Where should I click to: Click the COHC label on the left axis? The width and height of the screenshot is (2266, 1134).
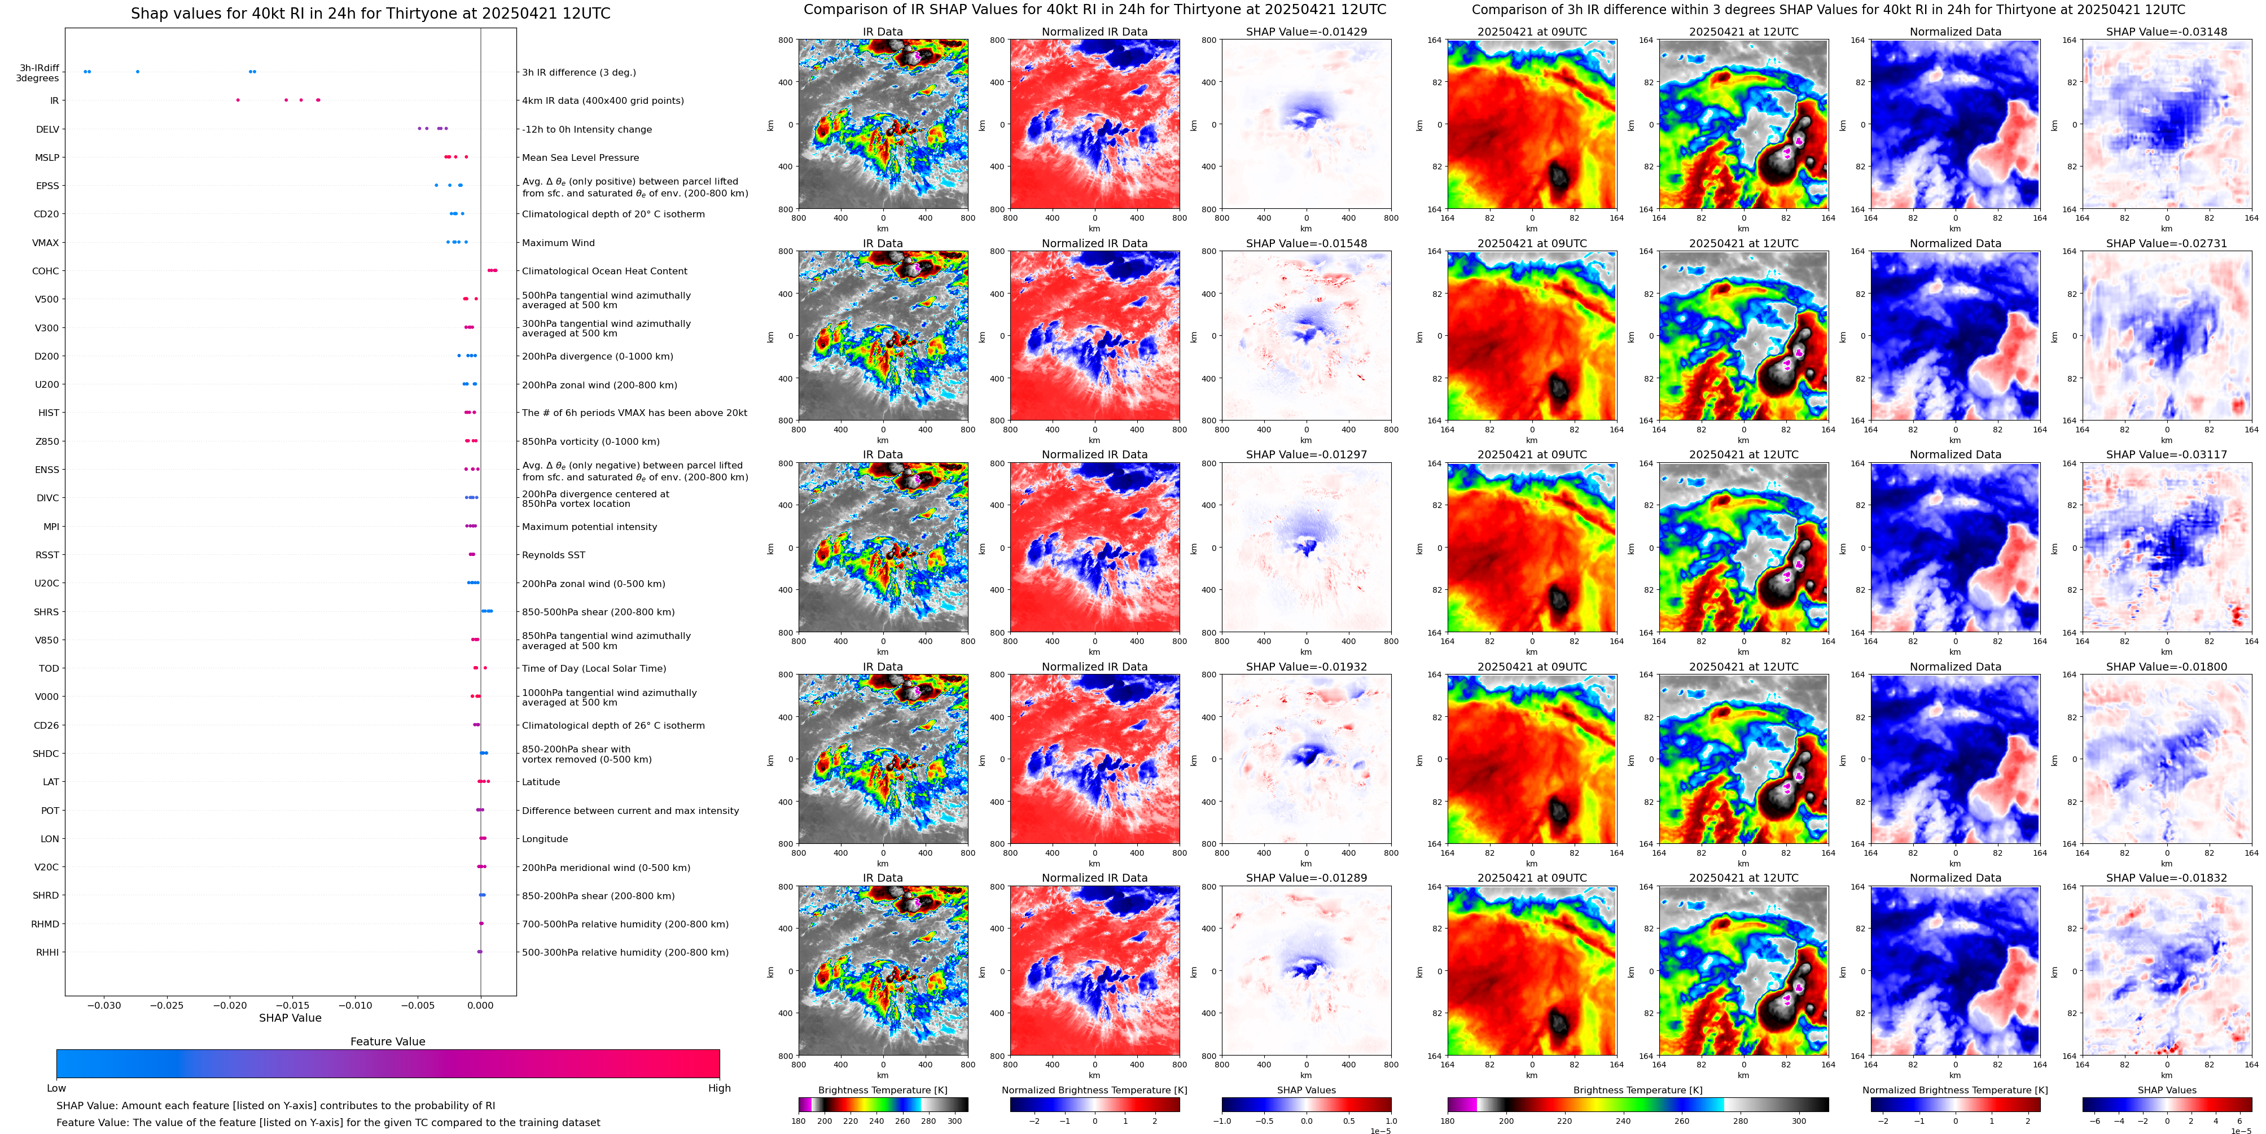[x=46, y=271]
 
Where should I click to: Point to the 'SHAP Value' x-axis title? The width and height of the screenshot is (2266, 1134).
[x=290, y=1018]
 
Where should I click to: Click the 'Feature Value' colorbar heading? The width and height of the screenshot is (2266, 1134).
[x=387, y=1041]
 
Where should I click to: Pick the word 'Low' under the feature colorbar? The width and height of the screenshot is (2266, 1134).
[x=56, y=1088]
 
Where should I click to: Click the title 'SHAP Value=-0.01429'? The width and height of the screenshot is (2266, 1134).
[x=1307, y=32]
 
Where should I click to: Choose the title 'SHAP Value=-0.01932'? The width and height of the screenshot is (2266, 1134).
[x=1307, y=667]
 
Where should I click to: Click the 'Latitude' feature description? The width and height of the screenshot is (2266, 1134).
[x=541, y=782]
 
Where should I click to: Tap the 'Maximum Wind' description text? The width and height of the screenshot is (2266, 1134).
[x=559, y=243]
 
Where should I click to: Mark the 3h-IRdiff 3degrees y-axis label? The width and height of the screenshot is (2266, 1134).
[x=39, y=73]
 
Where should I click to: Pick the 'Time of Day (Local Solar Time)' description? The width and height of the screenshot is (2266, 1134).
[x=594, y=669]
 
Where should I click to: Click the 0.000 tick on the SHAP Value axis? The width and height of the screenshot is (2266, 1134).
[x=480, y=1005]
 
